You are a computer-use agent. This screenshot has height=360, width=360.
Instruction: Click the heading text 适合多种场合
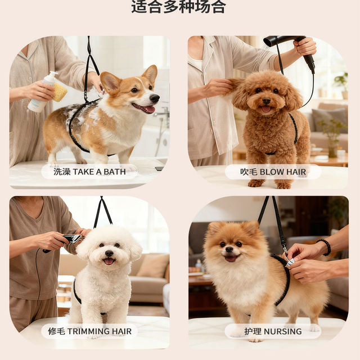pyautogui.click(x=178, y=7)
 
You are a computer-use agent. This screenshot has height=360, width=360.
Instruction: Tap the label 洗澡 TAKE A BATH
pyautogui.click(x=89, y=172)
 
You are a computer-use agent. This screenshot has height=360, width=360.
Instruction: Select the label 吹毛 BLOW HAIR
pyautogui.click(x=273, y=172)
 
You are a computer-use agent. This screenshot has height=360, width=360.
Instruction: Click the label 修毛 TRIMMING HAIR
pyautogui.click(x=89, y=331)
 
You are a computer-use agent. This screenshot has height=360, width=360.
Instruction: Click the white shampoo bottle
pyautogui.click(x=43, y=93)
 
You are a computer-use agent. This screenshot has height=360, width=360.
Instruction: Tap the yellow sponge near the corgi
pyautogui.click(x=60, y=92)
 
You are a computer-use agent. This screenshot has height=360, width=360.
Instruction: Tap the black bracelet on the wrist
pyautogui.click(x=325, y=246)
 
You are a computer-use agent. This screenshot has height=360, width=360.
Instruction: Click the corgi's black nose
pyautogui.click(x=154, y=98)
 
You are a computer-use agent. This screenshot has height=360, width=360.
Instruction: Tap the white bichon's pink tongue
pyautogui.click(x=109, y=261)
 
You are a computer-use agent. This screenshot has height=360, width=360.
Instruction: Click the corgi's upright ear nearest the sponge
pyautogui.click(x=110, y=82)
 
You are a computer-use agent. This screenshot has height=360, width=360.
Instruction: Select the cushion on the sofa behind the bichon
pyautogui.click(x=152, y=266)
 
